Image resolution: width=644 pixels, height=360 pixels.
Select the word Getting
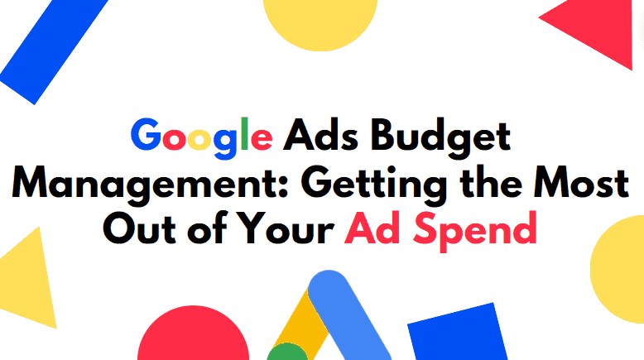click(374, 185)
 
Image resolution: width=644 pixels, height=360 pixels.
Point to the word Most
click(581, 183)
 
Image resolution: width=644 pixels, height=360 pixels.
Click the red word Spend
click(475, 231)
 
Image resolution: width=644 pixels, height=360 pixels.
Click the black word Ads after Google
click(321, 134)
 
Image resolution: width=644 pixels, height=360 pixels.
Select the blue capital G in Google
click(146, 134)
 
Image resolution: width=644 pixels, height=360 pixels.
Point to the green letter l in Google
click(245, 133)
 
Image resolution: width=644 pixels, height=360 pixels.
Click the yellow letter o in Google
click(199, 139)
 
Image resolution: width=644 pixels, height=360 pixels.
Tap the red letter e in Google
click(262, 139)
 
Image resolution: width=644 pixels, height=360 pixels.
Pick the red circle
click(193, 334)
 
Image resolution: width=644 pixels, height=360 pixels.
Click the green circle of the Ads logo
click(287, 353)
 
